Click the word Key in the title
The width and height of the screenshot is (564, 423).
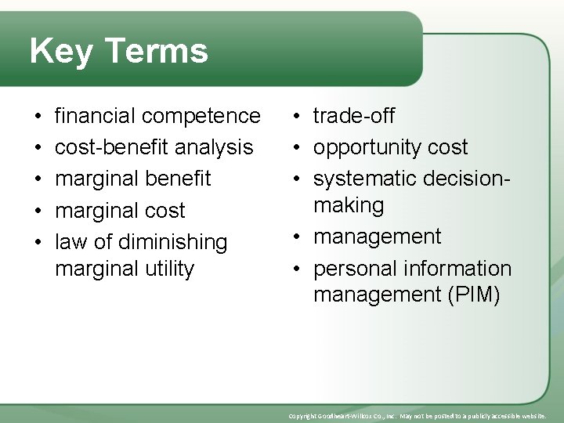pyautogui.click(x=60, y=52)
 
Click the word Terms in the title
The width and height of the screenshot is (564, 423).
pyautogui.click(x=155, y=52)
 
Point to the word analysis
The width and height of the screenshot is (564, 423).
pyautogui.click(x=215, y=147)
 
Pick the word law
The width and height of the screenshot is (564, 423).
pyautogui.click(x=70, y=242)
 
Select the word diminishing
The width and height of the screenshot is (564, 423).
pyautogui.click(x=172, y=242)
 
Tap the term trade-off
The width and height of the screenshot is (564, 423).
pyautogui.click(x=353, y=116)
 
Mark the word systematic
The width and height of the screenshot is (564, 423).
pyautogui.click(x=365, y=179)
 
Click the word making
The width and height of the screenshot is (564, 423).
pyautogui.click(x=349, y=206)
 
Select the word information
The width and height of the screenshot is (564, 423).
pyautogui.click(x=461, y=269)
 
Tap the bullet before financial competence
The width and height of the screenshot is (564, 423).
pyautogui.click(x=38, y=117)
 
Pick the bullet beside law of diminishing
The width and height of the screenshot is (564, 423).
pyautogui.click(x=38, y=242)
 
